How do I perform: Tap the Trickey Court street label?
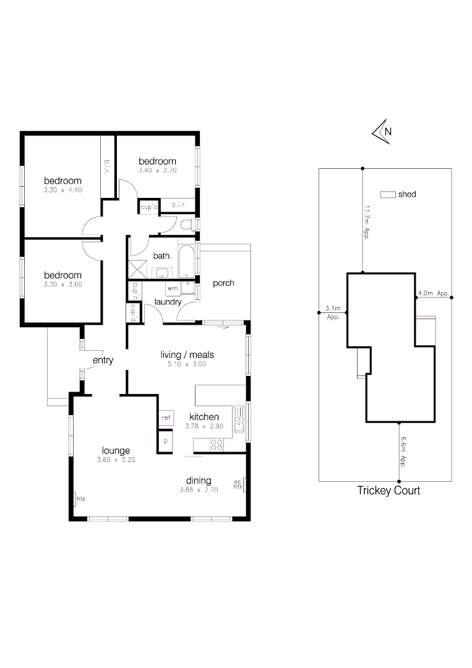point(388,490)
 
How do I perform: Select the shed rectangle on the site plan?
point(388,194)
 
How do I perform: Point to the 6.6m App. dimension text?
point(403,452)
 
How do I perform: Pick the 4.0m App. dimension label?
point(433,293)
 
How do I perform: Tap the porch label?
point(223,283)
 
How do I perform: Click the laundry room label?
point(168,302)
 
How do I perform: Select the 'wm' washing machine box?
point(173,288)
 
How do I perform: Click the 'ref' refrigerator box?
point(166,418)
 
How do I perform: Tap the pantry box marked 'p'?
point(166,440)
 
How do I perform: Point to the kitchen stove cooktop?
point(217,443)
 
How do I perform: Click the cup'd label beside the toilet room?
point(148,207)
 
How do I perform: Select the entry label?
point(103,360)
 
